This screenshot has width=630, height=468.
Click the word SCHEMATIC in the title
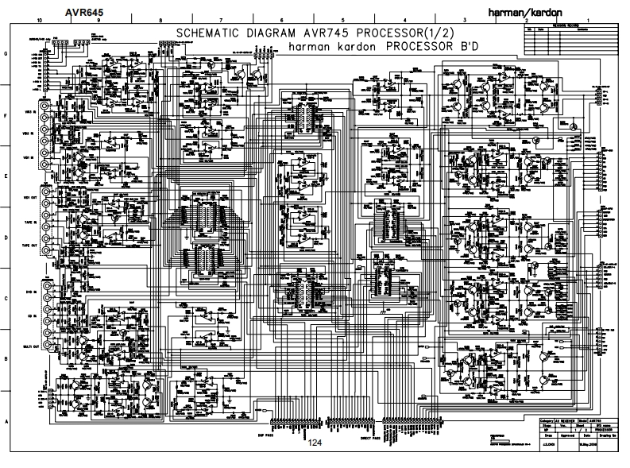(x=206, y=33)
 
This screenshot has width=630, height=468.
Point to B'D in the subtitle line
(x=459, y=46)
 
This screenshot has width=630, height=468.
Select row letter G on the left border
(x=6, y=54)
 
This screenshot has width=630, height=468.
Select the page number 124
(x=315, y=442)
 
